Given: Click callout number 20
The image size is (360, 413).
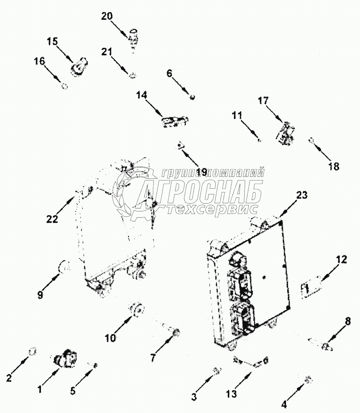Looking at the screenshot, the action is [107, 16].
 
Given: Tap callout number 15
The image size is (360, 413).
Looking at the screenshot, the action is [52, 41].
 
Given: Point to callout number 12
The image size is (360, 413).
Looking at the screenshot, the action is [341, 260].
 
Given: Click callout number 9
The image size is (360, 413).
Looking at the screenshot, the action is [40, 295].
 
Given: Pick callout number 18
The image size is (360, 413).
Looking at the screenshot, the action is [334, 166].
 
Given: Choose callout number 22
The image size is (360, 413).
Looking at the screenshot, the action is [52, 219].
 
